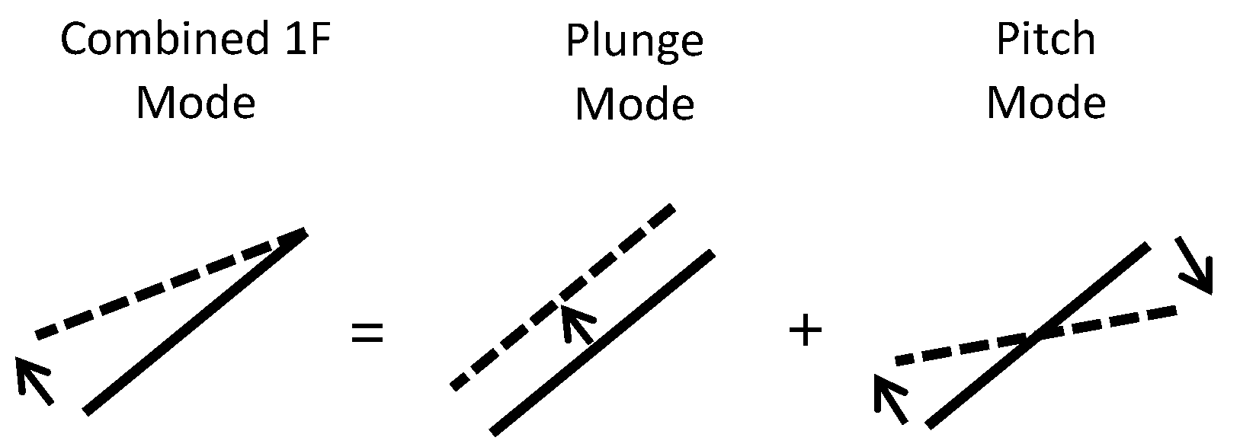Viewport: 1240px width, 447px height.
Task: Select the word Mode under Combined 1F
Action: [195, 102]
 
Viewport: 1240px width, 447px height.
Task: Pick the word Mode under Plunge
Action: [634, 104]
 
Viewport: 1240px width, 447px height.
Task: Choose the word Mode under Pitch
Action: [1046, 102]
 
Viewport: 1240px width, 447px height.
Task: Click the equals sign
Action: [367, 333]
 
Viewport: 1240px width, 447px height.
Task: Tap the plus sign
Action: [806, 332]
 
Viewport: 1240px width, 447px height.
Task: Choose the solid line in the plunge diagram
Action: [602, 343]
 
